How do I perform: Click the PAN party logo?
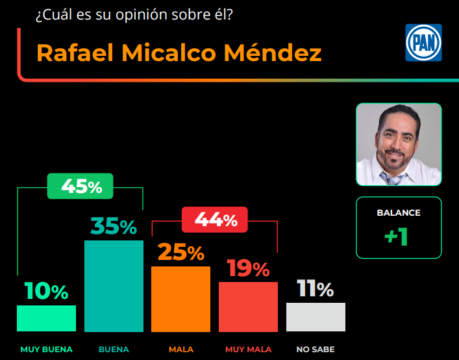pyautogui.click(x=423, y=43)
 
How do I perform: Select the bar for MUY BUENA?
pyautogui.click(x=46, y=318)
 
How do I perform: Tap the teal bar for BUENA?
pyautogui.click(x=114, y=286)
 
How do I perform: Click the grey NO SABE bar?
pyautogui.click(x=316, y=317)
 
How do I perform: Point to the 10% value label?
pyautogui.click(x=46, y=292)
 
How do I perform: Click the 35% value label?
pyautogui.click(x=114, y=227)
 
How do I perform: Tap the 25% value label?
pyautogui.click(x=180, y=253)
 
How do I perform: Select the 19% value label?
pyautogui.click(x=248, y=268)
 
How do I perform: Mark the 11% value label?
pyautogui.click(x=316, y=289)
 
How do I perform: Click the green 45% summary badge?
pyautogui.click(x=81, y=186)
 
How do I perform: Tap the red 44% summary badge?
pyautogui.click(x=214, y=220)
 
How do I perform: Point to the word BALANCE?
pyautogui.click(x=399, y=212)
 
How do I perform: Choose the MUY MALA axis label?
pyautogui.click(x=249, y=350)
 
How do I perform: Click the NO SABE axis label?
pyautogui.click(x=316, y=350)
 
